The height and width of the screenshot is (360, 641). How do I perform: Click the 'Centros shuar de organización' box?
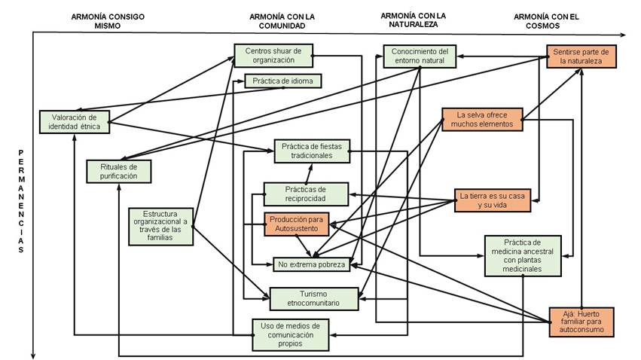pyautogui.click(x=273, y=56)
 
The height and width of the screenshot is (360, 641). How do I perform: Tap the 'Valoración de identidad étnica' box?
pyautogui.click(x=75, y=122)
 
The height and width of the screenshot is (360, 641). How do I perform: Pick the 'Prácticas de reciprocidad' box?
pyautogui.click(x=305, y=194)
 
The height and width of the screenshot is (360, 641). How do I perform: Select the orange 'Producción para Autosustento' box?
pyautogui.click(x=298, y=224)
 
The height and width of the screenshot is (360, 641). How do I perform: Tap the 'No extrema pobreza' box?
pyautogui.click(x=311, y=264)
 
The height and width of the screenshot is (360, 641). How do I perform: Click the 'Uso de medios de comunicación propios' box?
pyautogui.click(x=290, y=334)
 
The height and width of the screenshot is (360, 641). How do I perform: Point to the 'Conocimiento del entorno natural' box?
pyautogui.click(x=420, y=56)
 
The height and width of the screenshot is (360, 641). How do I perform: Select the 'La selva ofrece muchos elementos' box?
pyautogui.click(x=482, y=120)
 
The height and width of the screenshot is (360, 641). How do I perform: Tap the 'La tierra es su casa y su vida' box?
pyautogui.click(x=494, y=200)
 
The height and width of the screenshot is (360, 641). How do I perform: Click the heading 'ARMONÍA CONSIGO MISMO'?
pyautogui.click(x=108, y=20)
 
